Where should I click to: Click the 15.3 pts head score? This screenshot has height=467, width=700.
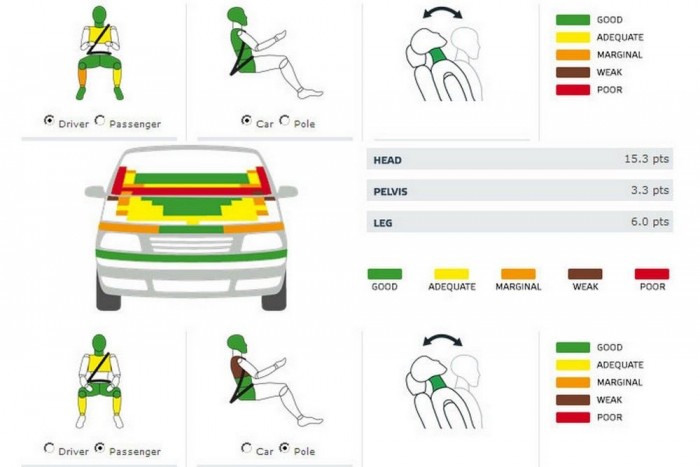646,159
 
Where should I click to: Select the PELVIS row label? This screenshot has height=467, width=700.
390,192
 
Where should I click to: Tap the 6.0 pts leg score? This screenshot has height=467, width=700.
650,221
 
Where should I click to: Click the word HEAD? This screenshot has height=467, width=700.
387,160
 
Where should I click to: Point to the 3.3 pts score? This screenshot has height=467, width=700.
650,190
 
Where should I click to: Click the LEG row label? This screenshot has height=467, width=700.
383,223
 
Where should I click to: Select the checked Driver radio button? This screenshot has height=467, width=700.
49,120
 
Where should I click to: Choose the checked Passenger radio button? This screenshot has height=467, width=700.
100,448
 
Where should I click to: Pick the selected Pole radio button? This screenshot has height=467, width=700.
284,448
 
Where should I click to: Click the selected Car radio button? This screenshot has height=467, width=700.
246,120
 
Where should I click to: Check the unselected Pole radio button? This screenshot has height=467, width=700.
284,120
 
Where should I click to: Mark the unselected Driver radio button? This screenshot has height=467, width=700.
49,448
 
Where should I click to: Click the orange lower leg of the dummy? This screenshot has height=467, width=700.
82,78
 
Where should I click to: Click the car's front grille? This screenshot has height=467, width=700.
191,245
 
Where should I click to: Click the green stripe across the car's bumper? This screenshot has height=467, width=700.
191,255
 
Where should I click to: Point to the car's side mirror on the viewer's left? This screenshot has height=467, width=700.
95,192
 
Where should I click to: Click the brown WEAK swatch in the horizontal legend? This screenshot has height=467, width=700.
585,274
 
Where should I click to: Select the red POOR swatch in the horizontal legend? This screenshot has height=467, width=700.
652,274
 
